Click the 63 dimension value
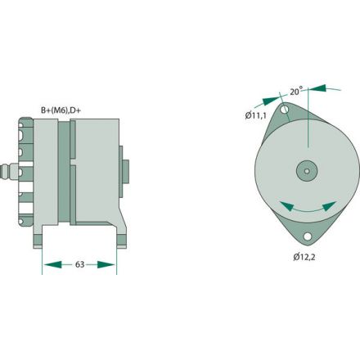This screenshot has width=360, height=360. [79, 264]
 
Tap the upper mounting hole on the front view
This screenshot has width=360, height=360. [285, 110]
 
